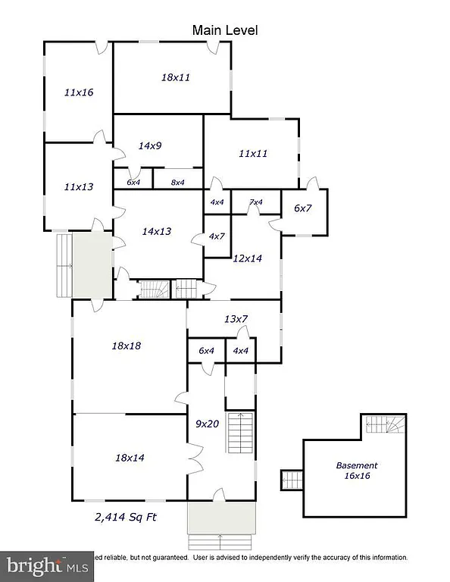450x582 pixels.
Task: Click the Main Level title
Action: click(x=225, y=30)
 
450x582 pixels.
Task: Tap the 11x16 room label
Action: click(x=79, y=92)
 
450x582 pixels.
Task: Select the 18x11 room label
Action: click(x=176, y=77)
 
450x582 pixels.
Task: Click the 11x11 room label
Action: click(x=253, y=153)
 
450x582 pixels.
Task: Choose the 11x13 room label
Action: click(x=79, y=186)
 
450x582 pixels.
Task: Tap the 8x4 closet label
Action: click(x=178, y=182)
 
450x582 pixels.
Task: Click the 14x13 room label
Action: click(x=157, y=230)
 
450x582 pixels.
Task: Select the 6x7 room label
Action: click(x=303, y=208)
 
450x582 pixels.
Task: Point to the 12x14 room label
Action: click(x=247, y=258)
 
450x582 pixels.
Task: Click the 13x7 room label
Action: click(x=236, y=319)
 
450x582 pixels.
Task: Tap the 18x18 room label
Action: click(x=127, y=346)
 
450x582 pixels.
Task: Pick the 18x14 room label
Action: click(x=129, y=457)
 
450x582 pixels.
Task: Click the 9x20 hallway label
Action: click(x=207, y=424)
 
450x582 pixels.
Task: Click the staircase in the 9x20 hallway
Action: click(x=240, y=433)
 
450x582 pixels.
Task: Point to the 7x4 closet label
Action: click(x=255, y=202)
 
